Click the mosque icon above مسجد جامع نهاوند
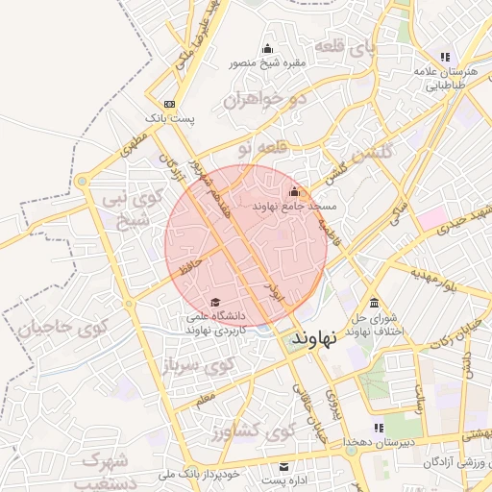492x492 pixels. pos(294,191)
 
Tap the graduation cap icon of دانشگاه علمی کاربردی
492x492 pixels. pos(213,302)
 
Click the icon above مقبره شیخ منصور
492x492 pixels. pos(267,49)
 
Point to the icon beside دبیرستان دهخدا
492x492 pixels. pos(377,430)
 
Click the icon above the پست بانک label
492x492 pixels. pos(169,104)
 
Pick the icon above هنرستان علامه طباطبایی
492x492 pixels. pos(444,57)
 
